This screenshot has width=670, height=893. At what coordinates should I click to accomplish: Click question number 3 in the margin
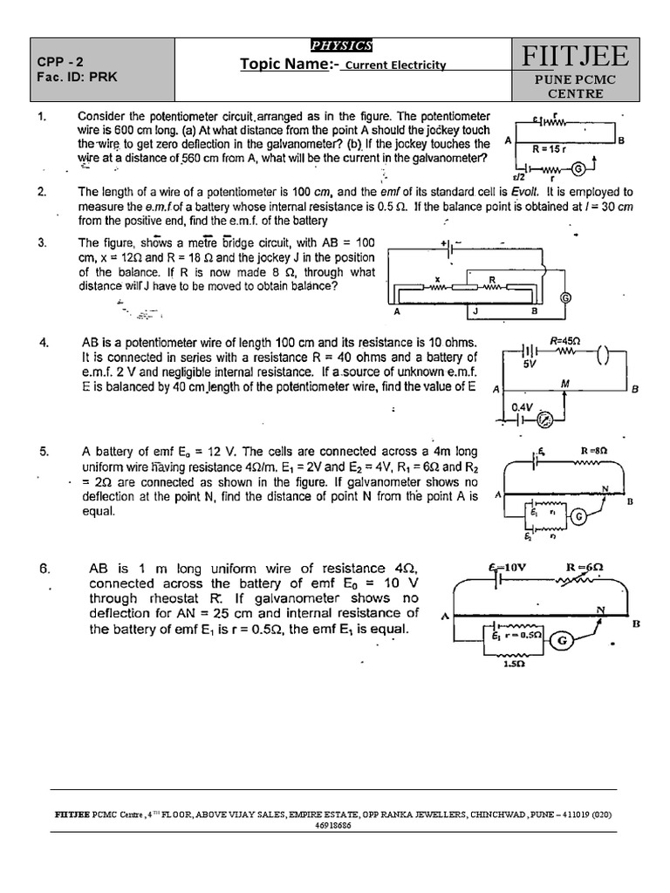(42, 242)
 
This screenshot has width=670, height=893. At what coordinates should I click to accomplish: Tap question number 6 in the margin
(44, 569)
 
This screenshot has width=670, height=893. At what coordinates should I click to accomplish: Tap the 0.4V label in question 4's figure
(522, 406)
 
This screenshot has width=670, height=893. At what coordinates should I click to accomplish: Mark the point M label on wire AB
(565, 384)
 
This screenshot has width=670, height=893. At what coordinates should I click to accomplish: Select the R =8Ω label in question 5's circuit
(593, 451)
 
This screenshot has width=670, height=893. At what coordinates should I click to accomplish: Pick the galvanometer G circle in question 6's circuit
(561, 642)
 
